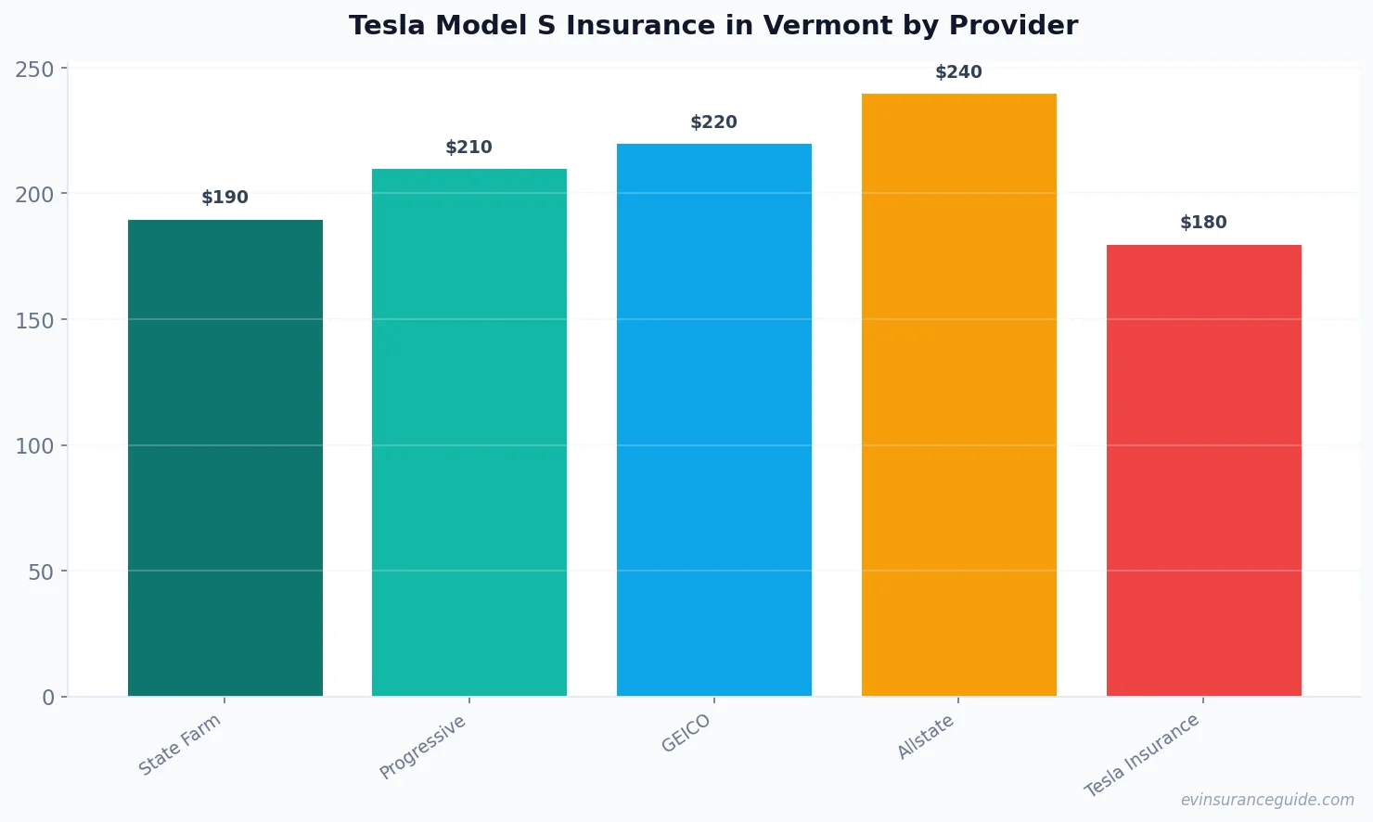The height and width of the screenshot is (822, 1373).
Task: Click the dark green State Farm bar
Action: pyautogui.click(x=225, y=457)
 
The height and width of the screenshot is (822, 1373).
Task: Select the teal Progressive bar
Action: pyautogui.click(x=469, y=432)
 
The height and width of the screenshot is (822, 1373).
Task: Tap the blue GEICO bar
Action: pyautogui.click(x=714, y=419)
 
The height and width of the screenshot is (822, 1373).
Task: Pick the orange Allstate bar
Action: pyautogui.click(x=959, y=394)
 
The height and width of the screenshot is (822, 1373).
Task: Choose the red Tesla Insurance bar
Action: pyautogui.click(x=1204, y=470)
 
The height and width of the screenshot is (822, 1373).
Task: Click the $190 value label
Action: pyautogui.click(x=225, y=198)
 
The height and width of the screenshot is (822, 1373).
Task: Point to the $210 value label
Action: pyautogui.click(x=469, y=148)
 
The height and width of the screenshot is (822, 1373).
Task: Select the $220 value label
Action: pyautogui.click(x=714, y=122)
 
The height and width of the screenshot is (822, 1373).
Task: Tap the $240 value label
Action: pyautogui.click(x=959, y=72)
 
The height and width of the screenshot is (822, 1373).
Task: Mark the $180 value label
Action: pyautogui.click(x=1204, y=223)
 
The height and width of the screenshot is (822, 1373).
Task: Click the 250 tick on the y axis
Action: pyautogui.click(x=34, y=69)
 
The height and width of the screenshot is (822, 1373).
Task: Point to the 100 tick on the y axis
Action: pyautogui.click(x=34, y=446)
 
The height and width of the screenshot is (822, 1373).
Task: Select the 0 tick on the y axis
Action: pyautogui.click(x=48, y=698)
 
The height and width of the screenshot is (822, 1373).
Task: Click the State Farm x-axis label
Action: pyautogui.click(x=180, y=744)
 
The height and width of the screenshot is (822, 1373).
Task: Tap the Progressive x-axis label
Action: pyautogui.click(x=423, y=747)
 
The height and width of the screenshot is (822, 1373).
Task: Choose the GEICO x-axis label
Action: pyautogui.click(x=686, y=733)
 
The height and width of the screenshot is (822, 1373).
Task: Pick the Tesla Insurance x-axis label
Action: pyautogui.click(x=1142, y=755)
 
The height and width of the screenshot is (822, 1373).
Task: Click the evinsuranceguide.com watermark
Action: pyautogui.click(x=1267, y=800)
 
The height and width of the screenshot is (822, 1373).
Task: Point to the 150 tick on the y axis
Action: pyautogui.click(x=34, y=320)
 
